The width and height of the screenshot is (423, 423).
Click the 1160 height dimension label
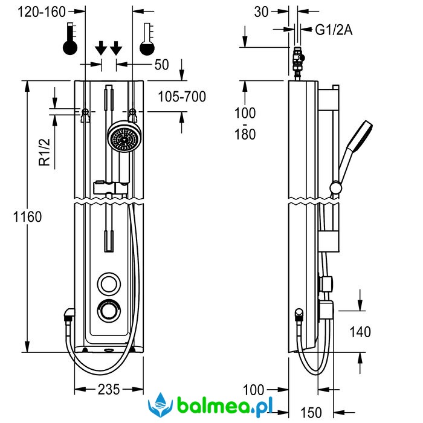[x=25, y=216]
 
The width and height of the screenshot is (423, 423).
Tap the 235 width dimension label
[x=109, y=389]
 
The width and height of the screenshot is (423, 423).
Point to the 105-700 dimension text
[x=181, y=97]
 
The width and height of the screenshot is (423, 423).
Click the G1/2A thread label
[x=334, y=30]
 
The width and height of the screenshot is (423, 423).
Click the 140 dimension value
[x=360, y=331]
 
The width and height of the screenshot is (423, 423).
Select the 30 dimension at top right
[x=262, y=11]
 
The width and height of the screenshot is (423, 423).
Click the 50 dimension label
[x=162, y=65]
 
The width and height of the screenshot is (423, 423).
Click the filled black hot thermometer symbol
[x=71, y=42]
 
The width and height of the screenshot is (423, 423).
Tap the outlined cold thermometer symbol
[x=147, y=41]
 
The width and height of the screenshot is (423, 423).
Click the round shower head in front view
[x=123, y=140]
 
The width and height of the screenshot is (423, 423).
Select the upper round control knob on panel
[x=110, y=283]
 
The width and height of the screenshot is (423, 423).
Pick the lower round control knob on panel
[x=110, y=311]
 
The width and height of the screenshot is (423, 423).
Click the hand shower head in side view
[x=361, y=137]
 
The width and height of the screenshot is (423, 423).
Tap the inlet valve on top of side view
[x=298, y=61]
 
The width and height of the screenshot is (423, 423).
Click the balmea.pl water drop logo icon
[x=160, y=404]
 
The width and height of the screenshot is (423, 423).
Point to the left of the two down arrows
[x=102, y=47]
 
